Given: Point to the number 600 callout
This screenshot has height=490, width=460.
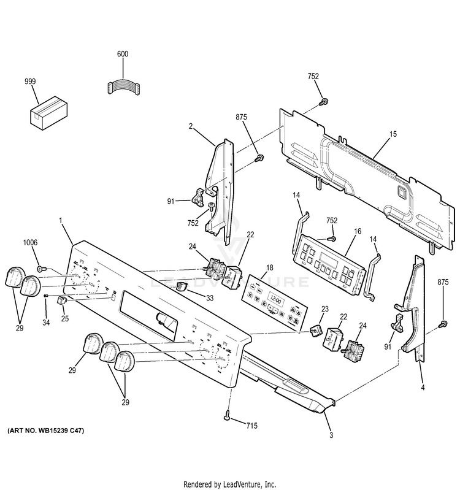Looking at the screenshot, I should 123,55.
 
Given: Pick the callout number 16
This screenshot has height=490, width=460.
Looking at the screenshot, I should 358,232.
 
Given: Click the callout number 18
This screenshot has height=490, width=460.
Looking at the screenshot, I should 269,269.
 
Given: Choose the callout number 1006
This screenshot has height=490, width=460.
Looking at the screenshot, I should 31,243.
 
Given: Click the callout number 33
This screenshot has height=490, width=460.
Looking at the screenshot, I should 210,298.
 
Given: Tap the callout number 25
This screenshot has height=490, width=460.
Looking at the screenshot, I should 66,318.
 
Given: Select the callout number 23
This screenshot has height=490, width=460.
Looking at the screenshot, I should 325,310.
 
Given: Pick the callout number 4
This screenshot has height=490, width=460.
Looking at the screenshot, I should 422,387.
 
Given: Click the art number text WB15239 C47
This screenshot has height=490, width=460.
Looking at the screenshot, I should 46,431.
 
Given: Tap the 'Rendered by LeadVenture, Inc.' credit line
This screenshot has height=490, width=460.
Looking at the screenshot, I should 230,484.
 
